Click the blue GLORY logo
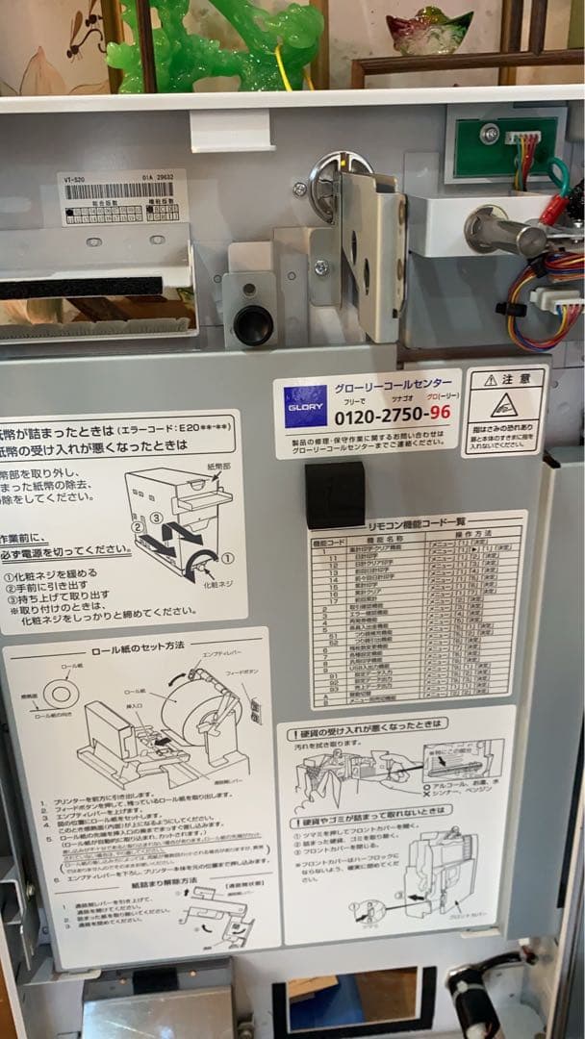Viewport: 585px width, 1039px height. (x=305, y=406)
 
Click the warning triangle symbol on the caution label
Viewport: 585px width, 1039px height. (x=504, y=405)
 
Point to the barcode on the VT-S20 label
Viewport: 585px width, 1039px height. (x=119, y=190)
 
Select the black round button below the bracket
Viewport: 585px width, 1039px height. (x=252, y=325)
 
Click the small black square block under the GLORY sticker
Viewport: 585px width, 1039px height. (x=335, y=494)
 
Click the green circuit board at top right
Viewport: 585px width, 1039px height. (x=506, y=144)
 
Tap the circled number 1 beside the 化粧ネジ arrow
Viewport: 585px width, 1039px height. (x=227, y=556)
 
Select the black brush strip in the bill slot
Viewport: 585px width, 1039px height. (x=82, y=287)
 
